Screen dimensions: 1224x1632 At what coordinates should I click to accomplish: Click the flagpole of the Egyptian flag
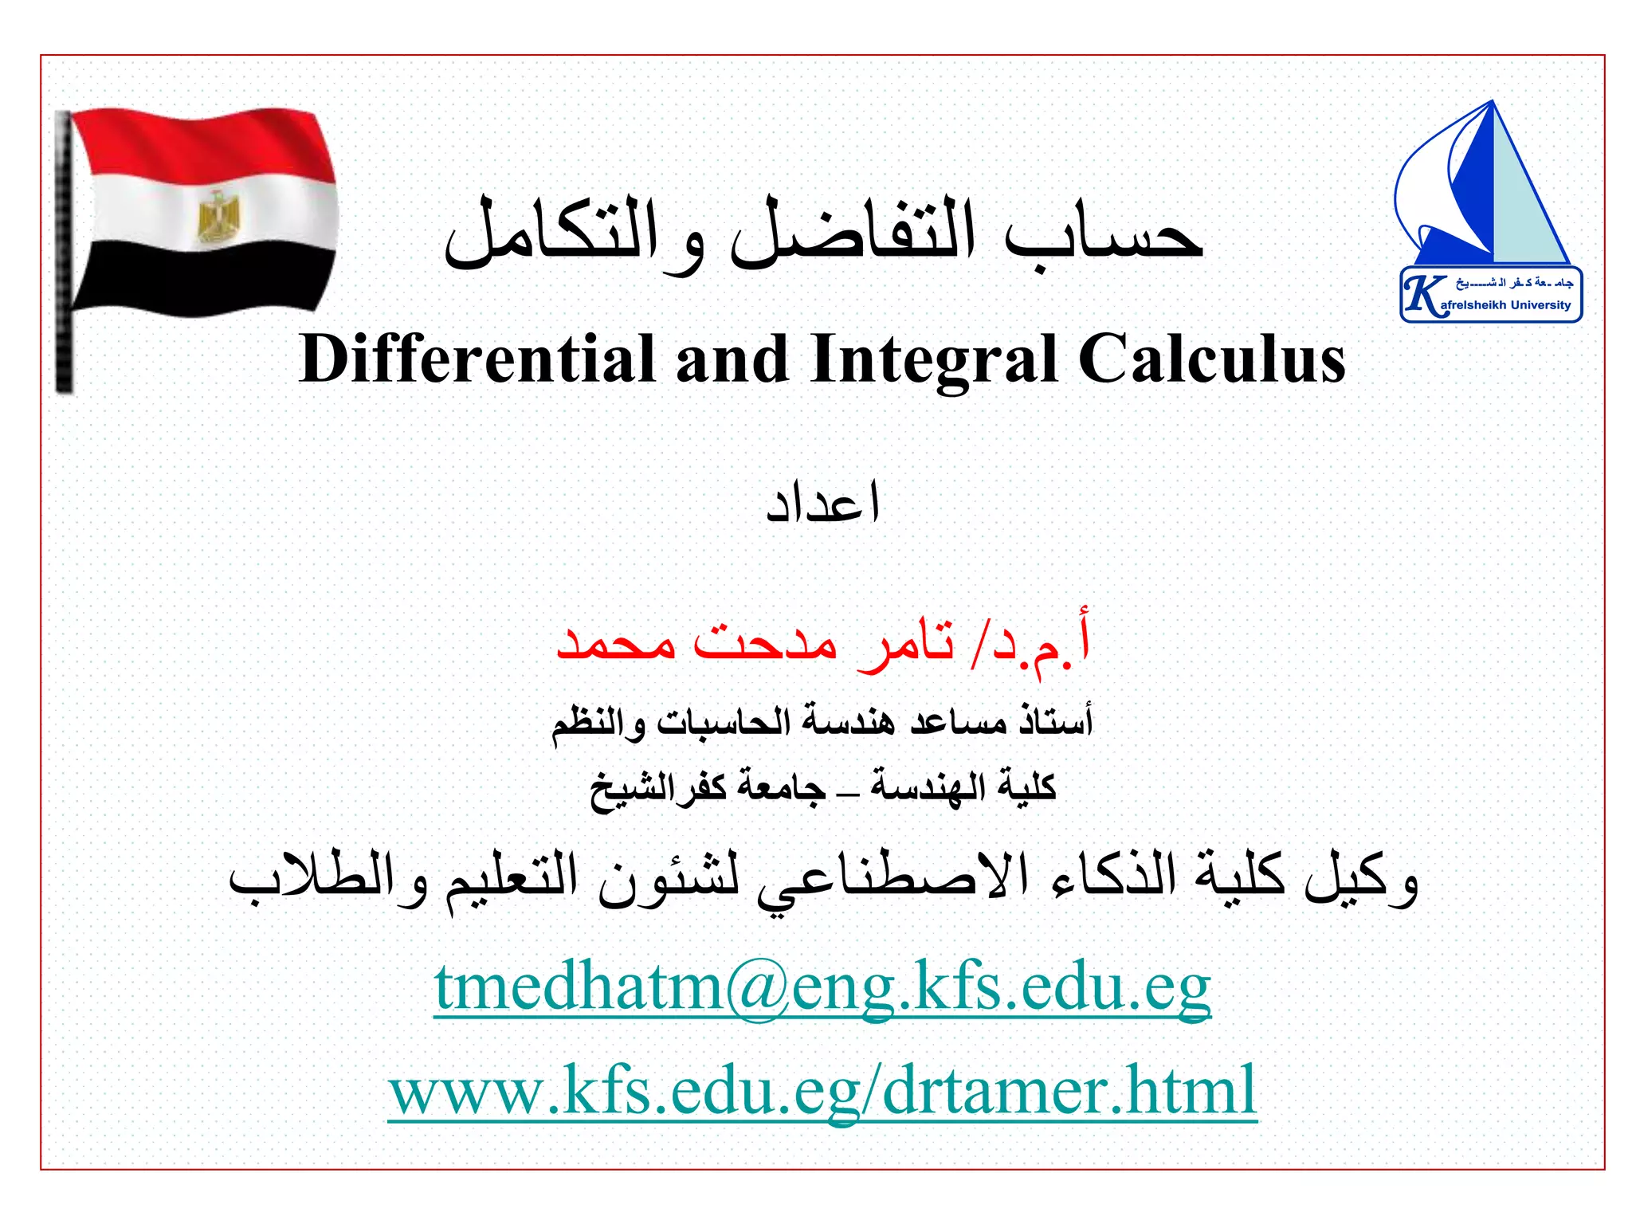[64, 255]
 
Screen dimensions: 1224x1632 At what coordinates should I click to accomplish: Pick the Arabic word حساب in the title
[1104, 236]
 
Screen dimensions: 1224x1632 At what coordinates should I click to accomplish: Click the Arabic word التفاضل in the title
[853, 236]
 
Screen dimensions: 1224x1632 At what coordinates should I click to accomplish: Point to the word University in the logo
[1540, 305]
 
